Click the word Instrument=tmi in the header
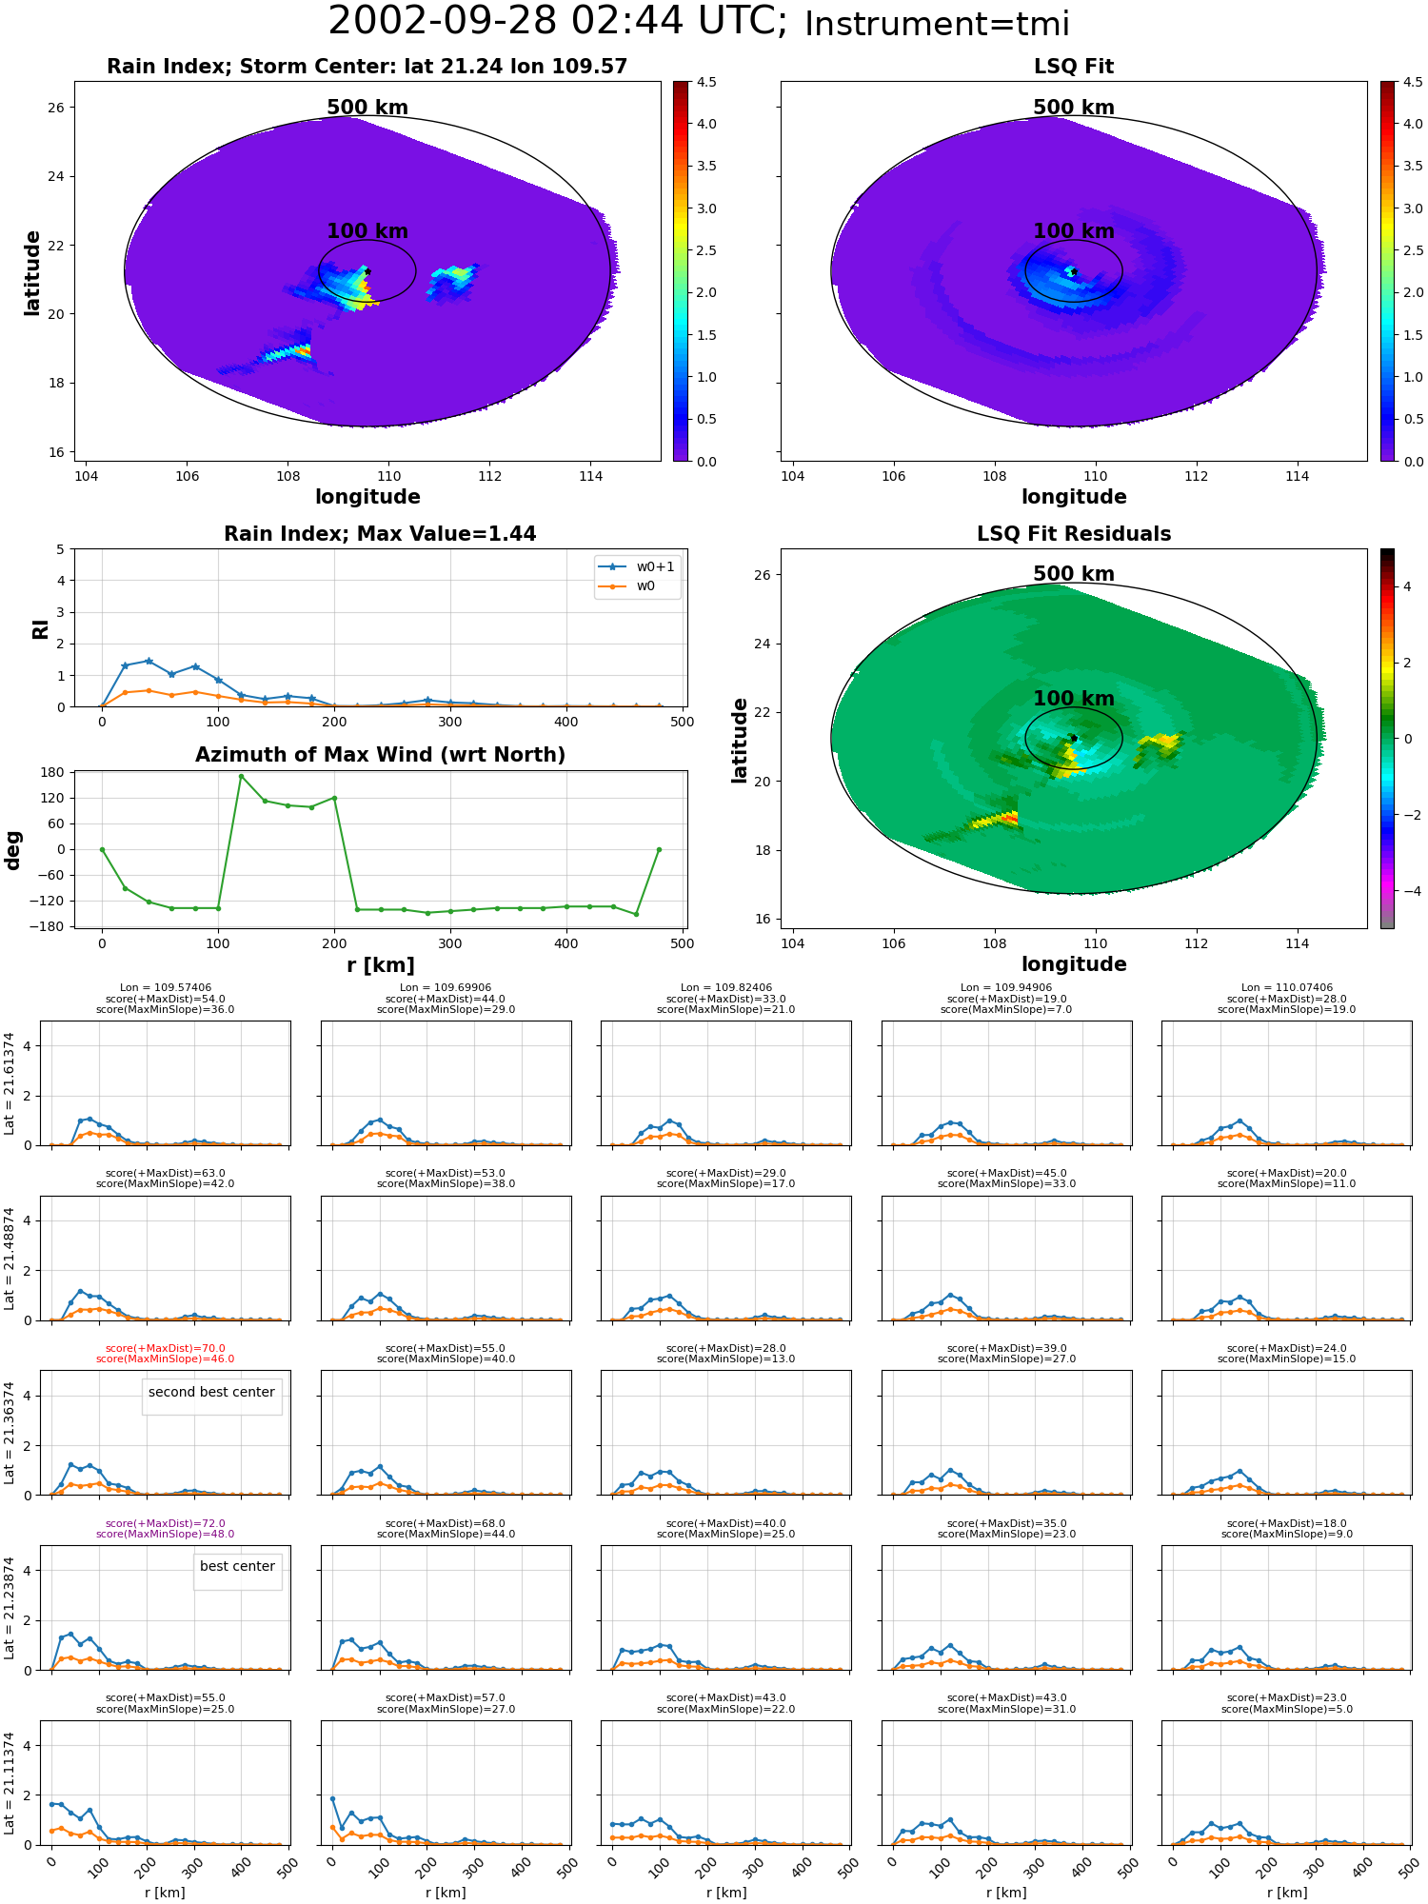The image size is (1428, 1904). (x=938, y=24)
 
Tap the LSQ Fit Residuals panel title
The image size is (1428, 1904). (x=1074, y=534)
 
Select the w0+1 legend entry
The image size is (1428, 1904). (x=637, y=566)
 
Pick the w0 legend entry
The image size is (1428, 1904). (x=627, y=586)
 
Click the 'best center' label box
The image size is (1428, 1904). (x=237, y=1566)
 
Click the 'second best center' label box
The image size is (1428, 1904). (x=211, y=1392)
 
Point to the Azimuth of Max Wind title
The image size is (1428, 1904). (x=380, y=755)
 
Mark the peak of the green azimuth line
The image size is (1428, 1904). (x=241, y=776)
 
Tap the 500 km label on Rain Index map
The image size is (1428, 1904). (x=367, y=108)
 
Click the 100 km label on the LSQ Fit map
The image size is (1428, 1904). (x=1074, y=231)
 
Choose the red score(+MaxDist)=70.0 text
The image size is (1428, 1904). (x=166, y=1348)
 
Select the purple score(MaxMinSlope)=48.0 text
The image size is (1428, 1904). (x=166, y=1534)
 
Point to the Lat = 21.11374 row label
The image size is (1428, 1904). (x=10, y=1783)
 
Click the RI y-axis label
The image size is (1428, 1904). (x=40, y=628)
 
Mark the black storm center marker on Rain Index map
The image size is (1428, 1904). (x=367, y=272)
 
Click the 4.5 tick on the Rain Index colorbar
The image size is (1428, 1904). (x=705, y=82)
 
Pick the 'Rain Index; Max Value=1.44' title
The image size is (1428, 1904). (x=380, y=534)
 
